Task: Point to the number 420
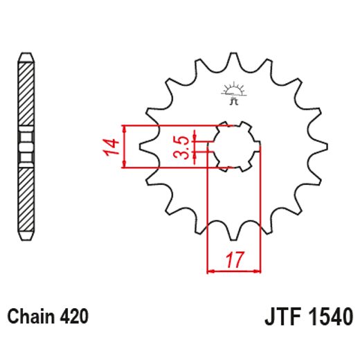tap(73, 318)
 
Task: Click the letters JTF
tap(280, 318)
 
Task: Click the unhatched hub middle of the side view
tap(26, 147)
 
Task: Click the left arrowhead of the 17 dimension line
tap(210, 270)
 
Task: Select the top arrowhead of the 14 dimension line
tap(124, 129)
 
